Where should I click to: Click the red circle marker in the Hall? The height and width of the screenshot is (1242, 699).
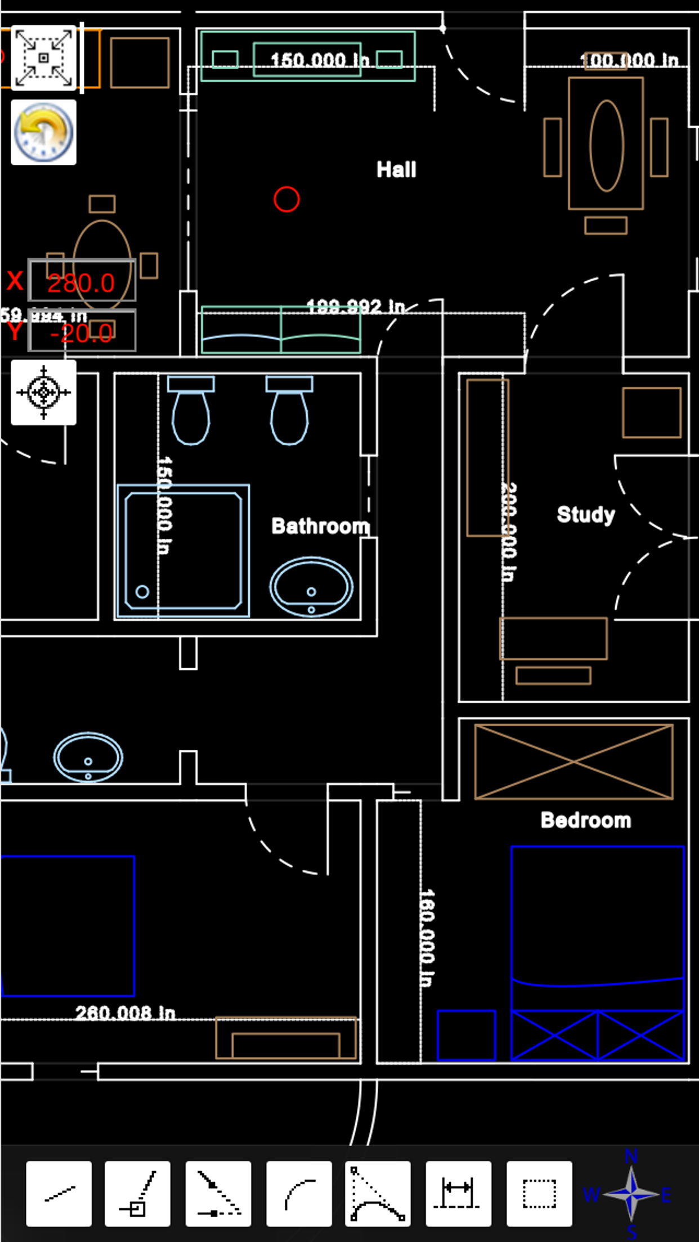pos(286,199)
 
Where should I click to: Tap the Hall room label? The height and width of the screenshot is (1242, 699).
pos(396,169)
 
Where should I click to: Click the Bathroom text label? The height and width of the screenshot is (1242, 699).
pos(320,526)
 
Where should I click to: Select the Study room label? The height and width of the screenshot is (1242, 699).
pos(585,514)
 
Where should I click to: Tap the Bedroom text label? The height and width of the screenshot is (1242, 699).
pos(585,820)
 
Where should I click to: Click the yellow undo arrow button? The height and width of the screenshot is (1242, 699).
pos(43,132)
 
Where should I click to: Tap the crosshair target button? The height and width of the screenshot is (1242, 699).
pos(43,392)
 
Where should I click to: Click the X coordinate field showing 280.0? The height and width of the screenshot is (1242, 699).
pos(82,281)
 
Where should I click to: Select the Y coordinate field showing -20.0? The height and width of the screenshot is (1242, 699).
pos(82,332)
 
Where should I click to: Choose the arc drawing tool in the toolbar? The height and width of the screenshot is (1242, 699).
pos(299,1193)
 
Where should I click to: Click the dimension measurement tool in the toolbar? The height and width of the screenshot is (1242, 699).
pos(458,1193)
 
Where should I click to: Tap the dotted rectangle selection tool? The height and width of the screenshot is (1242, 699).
pos(539,1193)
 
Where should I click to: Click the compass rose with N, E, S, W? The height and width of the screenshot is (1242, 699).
pos(631,1194)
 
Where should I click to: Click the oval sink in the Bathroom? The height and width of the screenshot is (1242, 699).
pos(311,587)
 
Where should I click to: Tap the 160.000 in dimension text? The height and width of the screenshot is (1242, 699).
pos(427,938)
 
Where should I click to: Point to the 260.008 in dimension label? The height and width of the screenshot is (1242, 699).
pos(126,1013)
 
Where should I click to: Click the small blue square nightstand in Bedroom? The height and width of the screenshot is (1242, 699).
pos(466,1036)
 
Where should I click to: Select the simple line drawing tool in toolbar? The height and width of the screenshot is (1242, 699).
pos(59,1193)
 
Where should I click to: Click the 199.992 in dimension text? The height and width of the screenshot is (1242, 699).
pos(356,307)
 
